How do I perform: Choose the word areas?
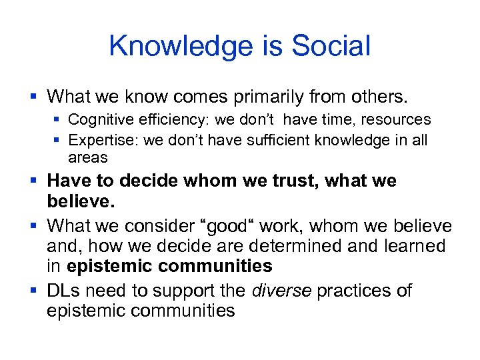click(x=87, y=158)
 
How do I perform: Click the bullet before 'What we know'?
click(x=34, y=97)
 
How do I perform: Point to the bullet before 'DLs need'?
click(x=34, y=291)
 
